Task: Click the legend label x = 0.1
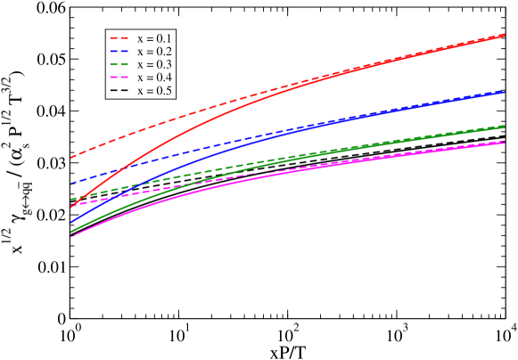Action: point(154,38)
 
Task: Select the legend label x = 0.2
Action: point(154,52)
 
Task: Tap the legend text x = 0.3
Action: point(154,65)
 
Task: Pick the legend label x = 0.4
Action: point(154,78)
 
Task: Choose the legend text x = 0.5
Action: point(154,91)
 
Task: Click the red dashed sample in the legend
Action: point(120,39)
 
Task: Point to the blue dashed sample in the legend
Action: point(120,53)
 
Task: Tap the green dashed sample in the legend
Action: point(120,66)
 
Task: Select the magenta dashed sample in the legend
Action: point(120,78)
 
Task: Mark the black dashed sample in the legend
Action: point(120,92)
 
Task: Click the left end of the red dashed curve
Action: point(70,158)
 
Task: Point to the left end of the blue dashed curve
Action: point(70,183)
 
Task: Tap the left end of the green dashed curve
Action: point(70,200)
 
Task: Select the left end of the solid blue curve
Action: point(70,223)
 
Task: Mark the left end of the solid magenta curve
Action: point(70,236)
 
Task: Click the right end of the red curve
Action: point(506,35)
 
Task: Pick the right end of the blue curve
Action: point(506,91)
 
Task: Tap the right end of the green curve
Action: point(506,126)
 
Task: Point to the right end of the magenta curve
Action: point(506,142)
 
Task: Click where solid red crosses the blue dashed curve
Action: point(119,167)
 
